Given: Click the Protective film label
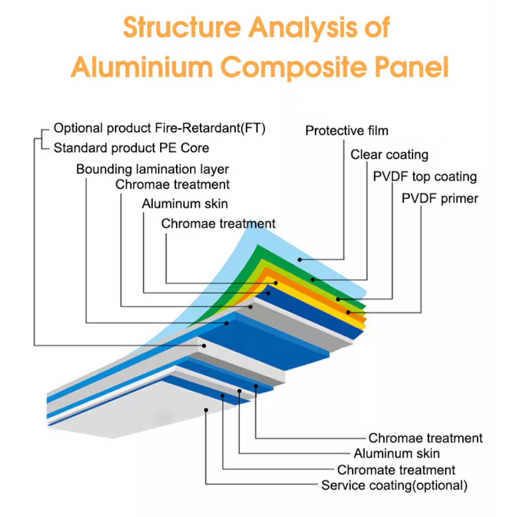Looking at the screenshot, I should tap(347, 131).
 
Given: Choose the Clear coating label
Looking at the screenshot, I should tap(389, 154).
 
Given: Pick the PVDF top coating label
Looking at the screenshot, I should tap(425, 177).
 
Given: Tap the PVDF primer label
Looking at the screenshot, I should tap(440, 199).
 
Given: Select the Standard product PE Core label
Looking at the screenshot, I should tap(131, 148).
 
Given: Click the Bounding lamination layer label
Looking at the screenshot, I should tap(152, 169).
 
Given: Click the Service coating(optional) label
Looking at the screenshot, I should tap(394, 486).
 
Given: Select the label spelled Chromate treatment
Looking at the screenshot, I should tap(396, 471).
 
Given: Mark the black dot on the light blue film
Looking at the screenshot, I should tap(299, 259).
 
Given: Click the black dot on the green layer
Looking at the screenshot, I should tap(313, 280).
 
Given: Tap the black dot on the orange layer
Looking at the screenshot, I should tap(338, 299).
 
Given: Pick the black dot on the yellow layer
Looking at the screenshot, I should tap(348, 312).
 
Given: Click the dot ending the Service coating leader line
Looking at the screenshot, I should tap(206, 410).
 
